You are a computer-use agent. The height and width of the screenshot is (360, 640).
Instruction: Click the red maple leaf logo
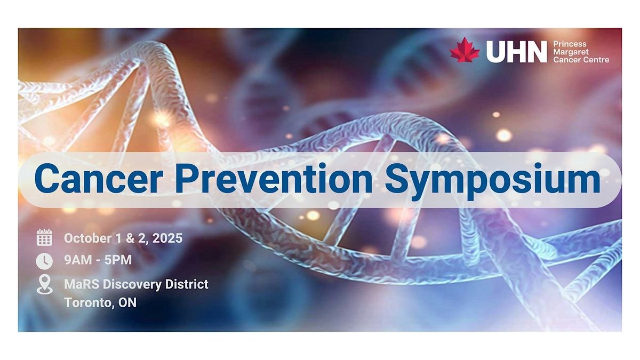(465, 50)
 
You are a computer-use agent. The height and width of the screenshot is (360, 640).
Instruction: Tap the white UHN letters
(517, 51)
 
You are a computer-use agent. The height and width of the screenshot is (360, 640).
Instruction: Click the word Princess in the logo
(570, 44)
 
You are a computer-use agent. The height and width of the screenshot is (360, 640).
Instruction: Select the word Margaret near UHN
(571, 52)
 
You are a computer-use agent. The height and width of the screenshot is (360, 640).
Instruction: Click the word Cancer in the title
(99, 179)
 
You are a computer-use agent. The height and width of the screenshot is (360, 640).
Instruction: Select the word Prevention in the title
(274, 179)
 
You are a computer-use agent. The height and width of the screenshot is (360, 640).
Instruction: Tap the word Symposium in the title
(492, 181)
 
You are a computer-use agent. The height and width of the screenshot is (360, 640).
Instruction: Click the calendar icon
(44, 237)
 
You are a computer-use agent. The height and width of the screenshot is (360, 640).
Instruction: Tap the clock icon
(44, 261)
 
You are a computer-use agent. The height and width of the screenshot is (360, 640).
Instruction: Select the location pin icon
(45, 285)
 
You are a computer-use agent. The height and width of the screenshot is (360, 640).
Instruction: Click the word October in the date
(87, 238)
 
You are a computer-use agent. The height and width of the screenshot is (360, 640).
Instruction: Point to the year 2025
(167, 238)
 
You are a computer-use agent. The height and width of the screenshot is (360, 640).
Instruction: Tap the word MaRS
(82, 284)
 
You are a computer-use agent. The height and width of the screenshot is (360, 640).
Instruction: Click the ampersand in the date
(130, 238)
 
